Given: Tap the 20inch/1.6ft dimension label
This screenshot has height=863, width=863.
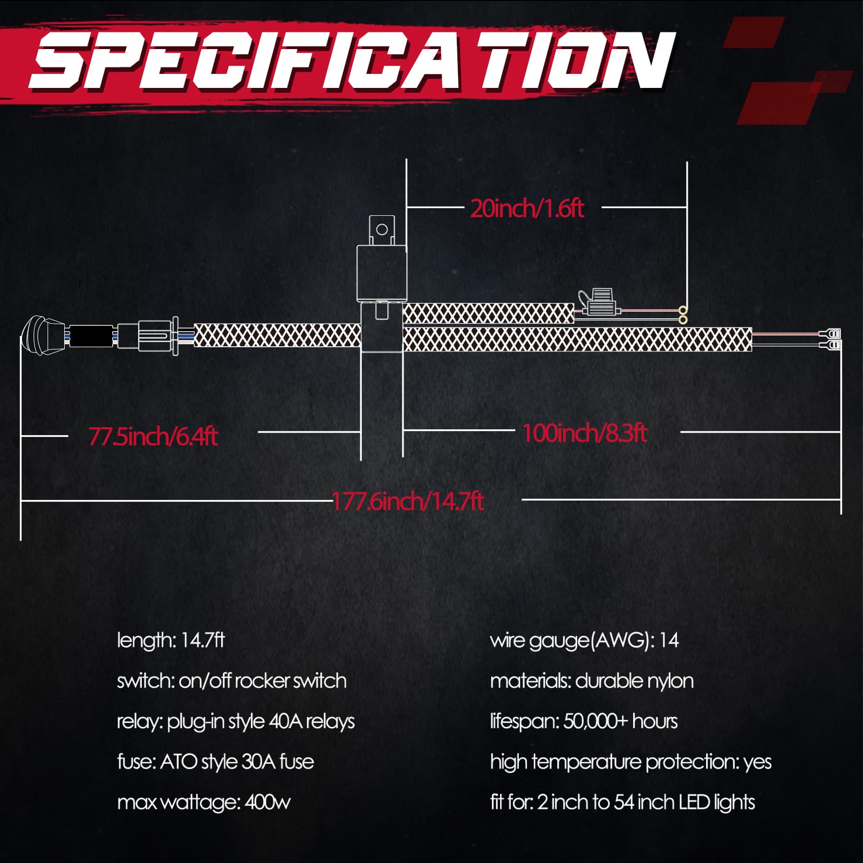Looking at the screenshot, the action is click(527, 208).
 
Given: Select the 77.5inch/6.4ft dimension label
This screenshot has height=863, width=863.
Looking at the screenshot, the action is click(153, 436).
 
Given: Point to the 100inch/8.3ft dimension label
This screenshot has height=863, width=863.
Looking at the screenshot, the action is click(585, 433).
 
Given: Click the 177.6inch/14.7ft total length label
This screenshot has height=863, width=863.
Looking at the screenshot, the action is click(408, 501).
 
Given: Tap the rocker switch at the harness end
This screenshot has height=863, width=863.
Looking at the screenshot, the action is click(43, 335).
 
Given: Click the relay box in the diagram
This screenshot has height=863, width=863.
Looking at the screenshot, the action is click(381, 273).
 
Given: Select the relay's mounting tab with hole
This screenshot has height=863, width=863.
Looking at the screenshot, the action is click(382, 230).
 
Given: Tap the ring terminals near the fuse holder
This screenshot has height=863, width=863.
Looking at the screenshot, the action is click(683, 315).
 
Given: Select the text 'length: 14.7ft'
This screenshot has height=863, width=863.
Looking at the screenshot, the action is click(170, 640).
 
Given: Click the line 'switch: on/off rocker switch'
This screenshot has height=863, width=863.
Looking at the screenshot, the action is click(231, 681).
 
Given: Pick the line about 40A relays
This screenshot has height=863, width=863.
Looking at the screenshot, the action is click(236, 722).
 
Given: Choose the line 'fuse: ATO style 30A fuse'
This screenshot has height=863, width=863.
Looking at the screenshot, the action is click(215, 762).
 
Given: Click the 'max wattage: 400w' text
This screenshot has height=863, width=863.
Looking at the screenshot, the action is click(203, 803).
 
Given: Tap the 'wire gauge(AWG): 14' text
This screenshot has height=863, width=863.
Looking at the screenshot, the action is click(584, 641).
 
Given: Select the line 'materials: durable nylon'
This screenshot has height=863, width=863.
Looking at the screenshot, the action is click(592, 681).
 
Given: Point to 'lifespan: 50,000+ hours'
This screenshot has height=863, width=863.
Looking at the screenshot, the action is click(584, 722).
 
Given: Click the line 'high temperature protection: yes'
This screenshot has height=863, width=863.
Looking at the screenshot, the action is click(631, 762).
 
